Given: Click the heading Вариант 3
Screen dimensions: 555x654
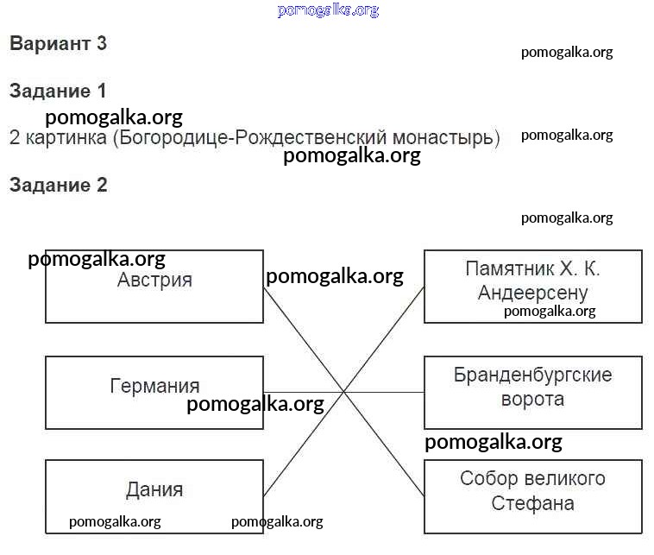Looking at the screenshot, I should (58, 44).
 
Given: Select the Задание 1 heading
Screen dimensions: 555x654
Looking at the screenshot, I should (58, 91).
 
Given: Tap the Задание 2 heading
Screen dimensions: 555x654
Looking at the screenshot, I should (58, 185).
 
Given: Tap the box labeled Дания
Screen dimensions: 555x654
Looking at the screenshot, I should (154, 496).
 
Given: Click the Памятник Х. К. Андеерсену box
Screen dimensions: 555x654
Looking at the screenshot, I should (532, 287).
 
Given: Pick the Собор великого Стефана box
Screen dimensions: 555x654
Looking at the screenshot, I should (532, 496).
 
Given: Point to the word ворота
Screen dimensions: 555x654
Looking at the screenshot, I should (532, 400).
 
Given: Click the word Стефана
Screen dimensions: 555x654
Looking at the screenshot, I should (532, 503).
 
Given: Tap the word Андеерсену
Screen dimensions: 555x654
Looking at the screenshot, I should (532, 293).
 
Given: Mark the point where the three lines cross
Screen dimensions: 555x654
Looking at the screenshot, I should (344, 391).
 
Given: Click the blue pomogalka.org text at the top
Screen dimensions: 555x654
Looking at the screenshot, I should (328, 10).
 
